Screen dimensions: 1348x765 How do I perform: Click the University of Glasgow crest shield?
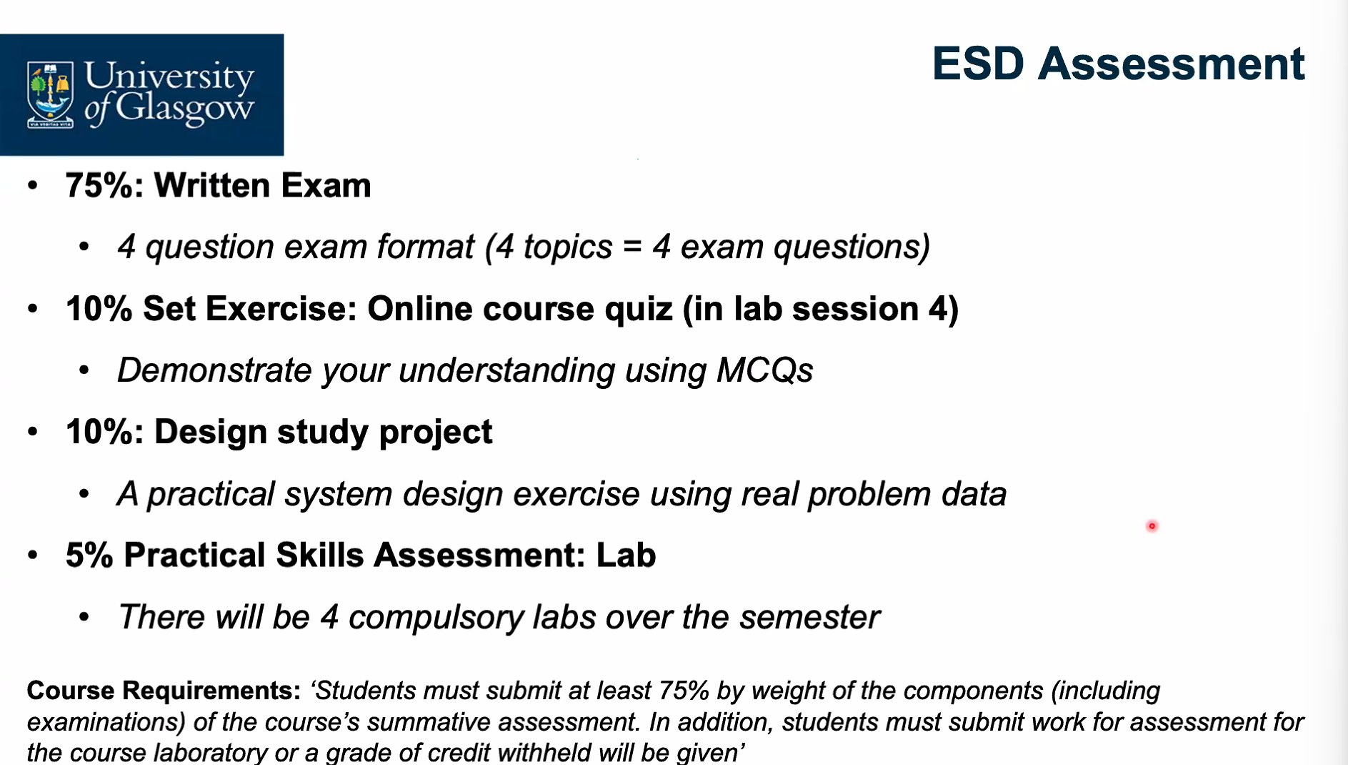point(50,94)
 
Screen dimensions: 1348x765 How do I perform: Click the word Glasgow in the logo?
point(184,108)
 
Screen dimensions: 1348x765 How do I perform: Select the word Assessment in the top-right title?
point(1172,64)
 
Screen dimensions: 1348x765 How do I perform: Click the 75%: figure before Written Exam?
point(105,185)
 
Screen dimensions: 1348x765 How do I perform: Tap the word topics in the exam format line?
point(568,247)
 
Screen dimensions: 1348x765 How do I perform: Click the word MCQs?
point(765,370)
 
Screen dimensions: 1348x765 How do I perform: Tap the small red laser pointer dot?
point(1152,526)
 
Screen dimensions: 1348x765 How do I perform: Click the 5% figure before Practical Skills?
point(89,556)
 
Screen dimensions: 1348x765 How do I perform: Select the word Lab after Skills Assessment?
point(626,556)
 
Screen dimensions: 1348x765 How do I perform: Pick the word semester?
point(809,618)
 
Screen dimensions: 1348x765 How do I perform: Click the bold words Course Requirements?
point(164,691)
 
